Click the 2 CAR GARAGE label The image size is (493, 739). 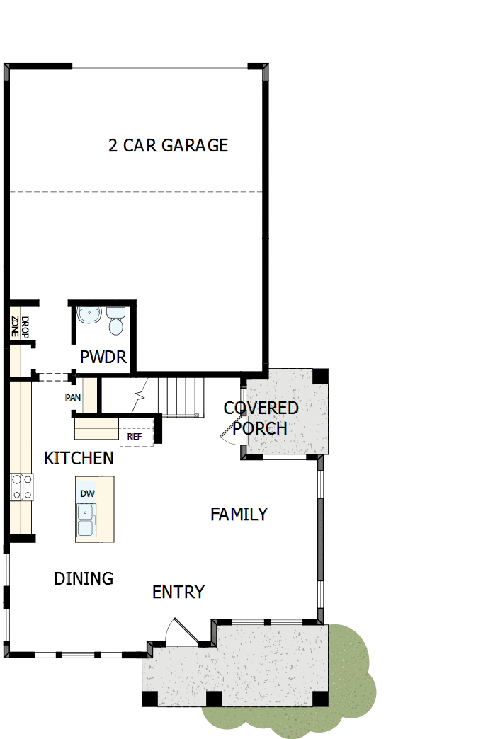168,145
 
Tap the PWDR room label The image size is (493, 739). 103,357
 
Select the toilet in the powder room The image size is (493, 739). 115,321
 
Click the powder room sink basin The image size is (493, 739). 89,314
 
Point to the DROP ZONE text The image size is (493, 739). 20,326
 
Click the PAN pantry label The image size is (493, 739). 73,397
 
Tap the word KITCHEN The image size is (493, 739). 79,458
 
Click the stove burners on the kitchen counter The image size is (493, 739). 21,488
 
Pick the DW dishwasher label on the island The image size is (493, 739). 87,493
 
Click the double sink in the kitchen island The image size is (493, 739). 86,520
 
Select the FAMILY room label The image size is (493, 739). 239,515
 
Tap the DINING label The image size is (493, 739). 84,578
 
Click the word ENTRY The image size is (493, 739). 178,592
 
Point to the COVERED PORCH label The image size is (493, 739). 261,418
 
